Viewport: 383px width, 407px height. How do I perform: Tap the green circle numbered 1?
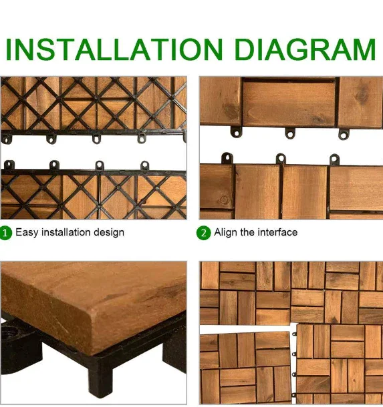click(x=6, y=233)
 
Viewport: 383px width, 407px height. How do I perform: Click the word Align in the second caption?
click(x=226, y=233)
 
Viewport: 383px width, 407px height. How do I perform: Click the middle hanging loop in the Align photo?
click(x=291, y=133)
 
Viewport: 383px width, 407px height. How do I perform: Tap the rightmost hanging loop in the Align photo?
click(x=343, y=134)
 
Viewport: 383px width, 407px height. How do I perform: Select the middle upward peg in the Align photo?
click(x=281, y=159)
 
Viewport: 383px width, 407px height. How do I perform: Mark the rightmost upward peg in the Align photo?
click(x=334, y=159)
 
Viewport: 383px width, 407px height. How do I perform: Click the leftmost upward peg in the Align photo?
click(x=227, y=159)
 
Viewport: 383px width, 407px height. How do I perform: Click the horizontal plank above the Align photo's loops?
click(x=288, y=103)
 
